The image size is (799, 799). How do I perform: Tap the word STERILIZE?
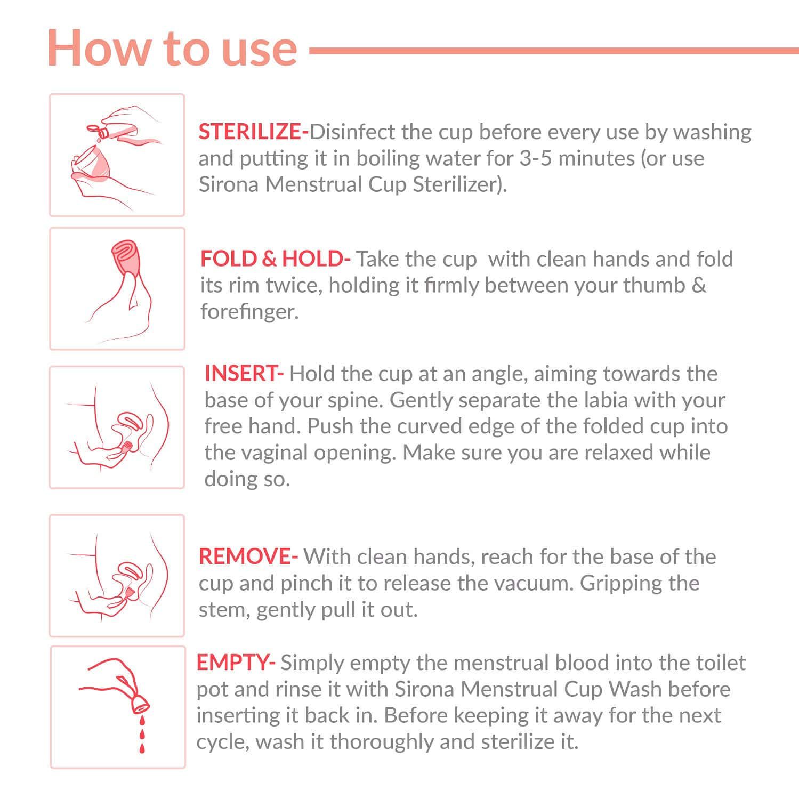point(251,132)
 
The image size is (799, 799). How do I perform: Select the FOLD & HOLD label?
point(275,259)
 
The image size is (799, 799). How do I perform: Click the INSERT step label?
point(243,373)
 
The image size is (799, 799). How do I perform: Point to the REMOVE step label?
point(247,556)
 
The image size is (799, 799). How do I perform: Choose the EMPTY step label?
point(235,663)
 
